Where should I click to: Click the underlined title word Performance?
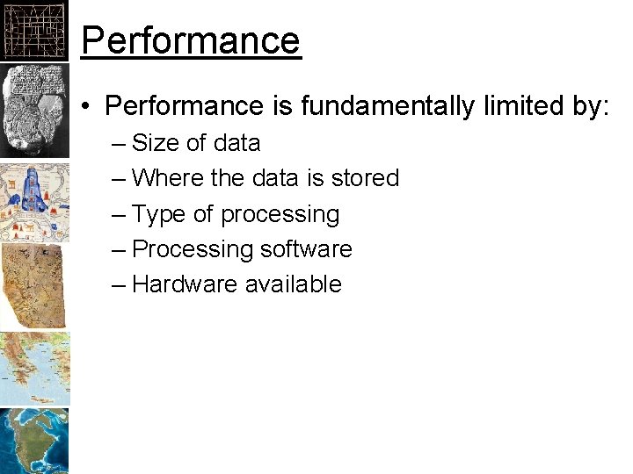[x=191, y=39]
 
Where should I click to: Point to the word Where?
[x=168, y=178]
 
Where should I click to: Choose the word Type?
[x=160, y=214]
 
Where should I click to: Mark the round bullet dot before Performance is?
[x=88, y=107]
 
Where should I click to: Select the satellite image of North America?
[x=33, y=441]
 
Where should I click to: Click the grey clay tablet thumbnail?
[x=33, y=110]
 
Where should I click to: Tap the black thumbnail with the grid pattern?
[x=33, y=32]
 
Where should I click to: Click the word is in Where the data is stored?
[x=316, y=178]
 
